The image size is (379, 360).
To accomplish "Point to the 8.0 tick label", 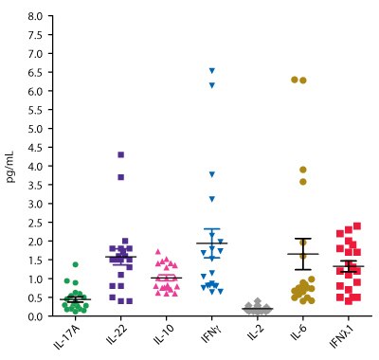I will [x=34, y=16].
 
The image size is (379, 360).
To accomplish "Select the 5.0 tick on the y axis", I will [x=34, y=129].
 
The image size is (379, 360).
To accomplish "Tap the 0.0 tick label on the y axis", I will [x=34, y=316].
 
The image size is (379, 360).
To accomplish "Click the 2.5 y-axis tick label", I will [x=34, y=223].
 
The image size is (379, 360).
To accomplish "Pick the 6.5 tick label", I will [x=34, y=72].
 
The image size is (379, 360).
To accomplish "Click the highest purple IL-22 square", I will [x=121, y=154].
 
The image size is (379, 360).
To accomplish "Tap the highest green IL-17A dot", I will [x=75, y=264].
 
